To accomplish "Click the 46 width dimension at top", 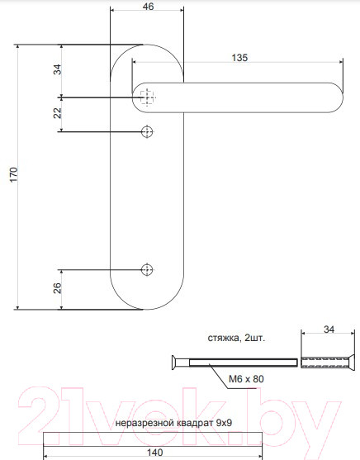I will (148, 7).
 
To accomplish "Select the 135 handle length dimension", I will (239, 58).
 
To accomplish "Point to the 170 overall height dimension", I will (12, 175).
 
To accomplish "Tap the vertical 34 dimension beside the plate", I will (57, 70).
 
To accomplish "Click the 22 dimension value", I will (57, 114).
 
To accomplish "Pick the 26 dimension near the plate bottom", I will (57, 289).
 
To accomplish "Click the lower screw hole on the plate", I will (148, 269).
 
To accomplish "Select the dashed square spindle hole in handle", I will (148, 97).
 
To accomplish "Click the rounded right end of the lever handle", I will (334, 98).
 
